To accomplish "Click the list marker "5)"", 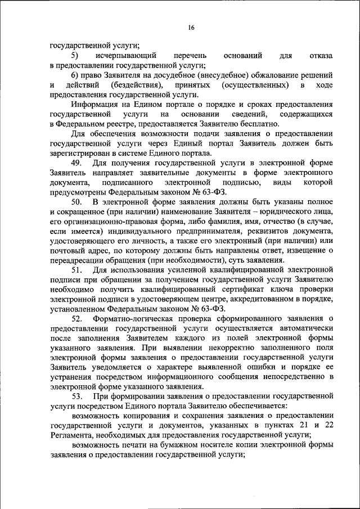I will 75,56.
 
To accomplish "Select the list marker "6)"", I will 75,75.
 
